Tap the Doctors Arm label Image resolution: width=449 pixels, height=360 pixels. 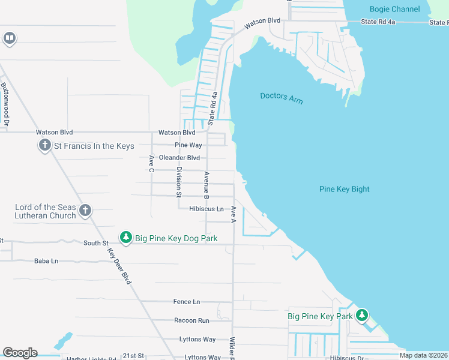point(282,98)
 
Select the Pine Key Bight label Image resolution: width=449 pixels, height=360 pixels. point(344,189)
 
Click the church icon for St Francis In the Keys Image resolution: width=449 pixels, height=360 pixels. point(44,146)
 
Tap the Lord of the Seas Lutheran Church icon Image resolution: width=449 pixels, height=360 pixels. point(85,211)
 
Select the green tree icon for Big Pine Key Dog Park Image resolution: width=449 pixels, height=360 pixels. point(125,238)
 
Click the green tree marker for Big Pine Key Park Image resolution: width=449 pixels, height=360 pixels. point(361,316)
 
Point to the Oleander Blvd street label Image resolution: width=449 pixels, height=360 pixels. point(179,158)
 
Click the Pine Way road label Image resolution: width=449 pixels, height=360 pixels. point(188,145)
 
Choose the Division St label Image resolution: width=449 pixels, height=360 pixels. point(178,182)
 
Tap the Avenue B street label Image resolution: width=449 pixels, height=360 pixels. point(206,185)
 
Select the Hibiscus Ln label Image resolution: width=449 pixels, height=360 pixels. point(206,209)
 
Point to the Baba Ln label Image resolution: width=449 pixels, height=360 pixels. point(46,261)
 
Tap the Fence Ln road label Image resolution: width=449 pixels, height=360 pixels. point(187,302)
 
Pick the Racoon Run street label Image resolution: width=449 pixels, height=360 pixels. point(191,320)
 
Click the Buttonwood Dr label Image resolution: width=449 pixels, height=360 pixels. point(5,103)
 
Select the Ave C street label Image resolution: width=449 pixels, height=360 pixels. point(151,163)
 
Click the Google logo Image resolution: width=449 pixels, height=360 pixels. point(20,352)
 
